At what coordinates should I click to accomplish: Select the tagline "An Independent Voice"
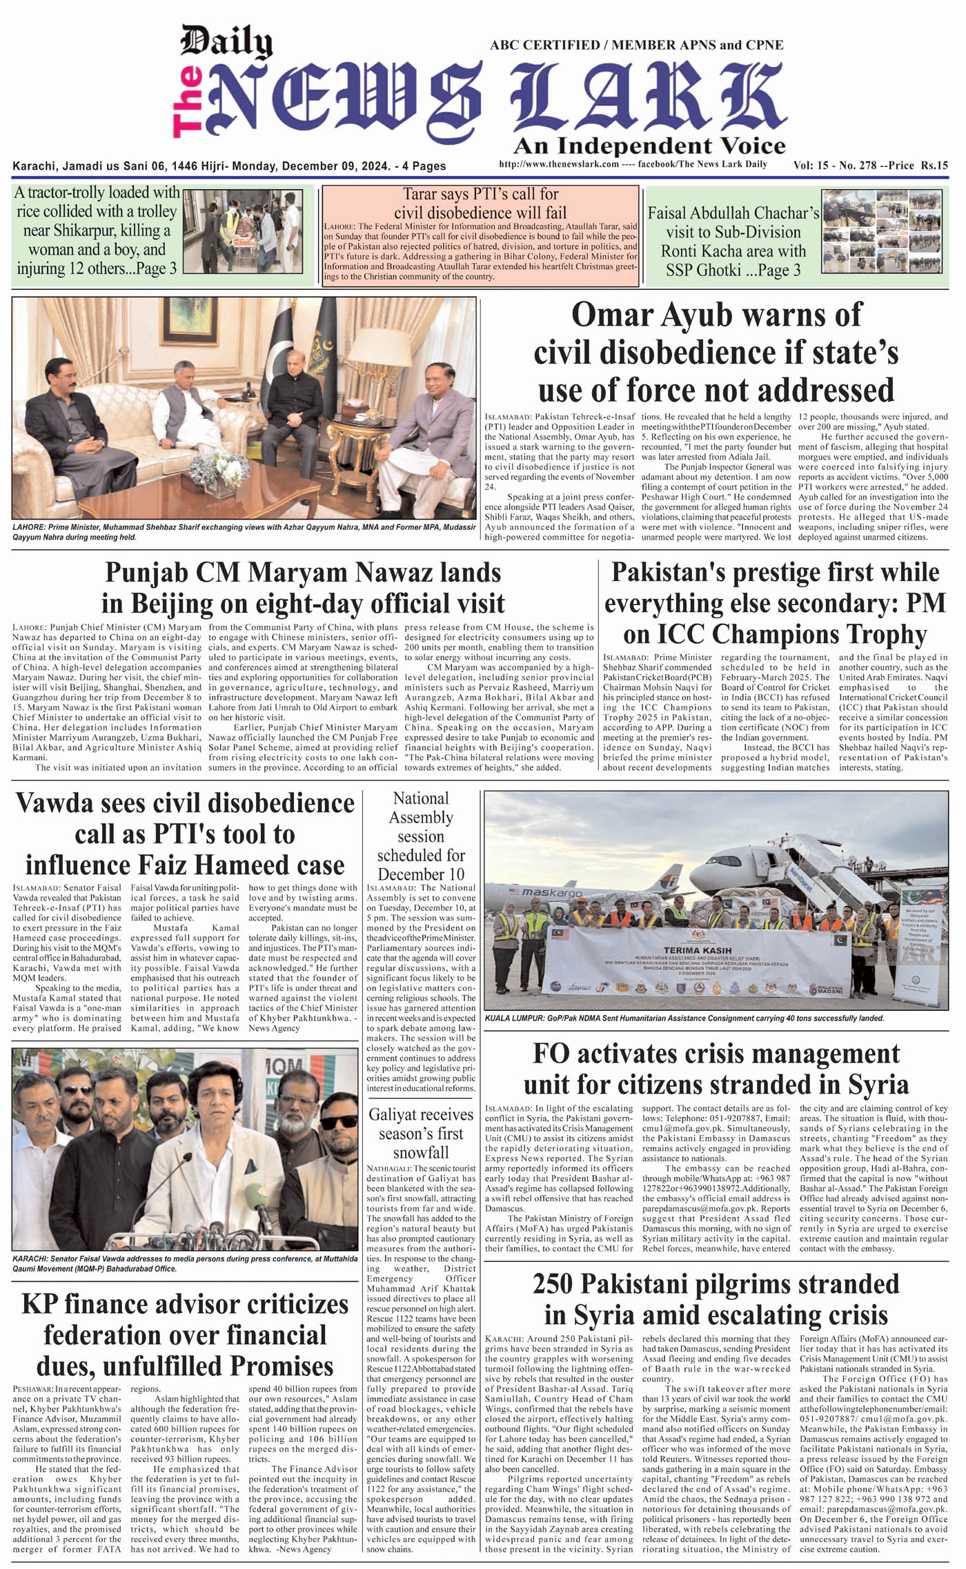point(649,146)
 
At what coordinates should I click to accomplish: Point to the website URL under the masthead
point(558,164)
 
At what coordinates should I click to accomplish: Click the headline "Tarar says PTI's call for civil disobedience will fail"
point(480,203)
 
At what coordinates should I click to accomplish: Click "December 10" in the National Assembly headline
point(421,874)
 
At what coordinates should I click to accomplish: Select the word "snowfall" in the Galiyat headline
point(421,1153)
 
